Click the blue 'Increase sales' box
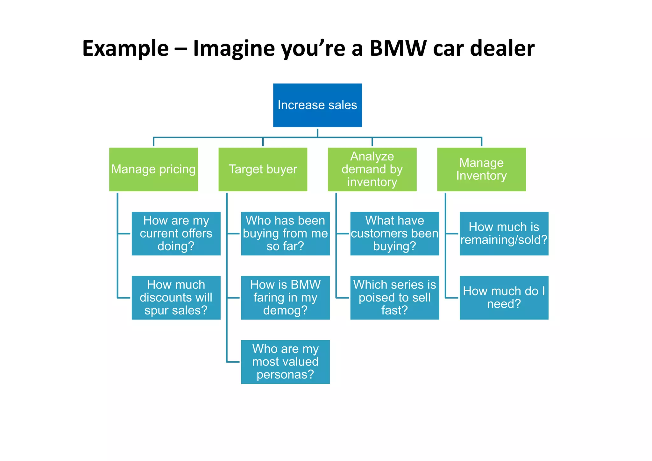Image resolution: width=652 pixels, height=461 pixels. [317, 105]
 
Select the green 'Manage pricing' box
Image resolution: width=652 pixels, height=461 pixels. [153, 169]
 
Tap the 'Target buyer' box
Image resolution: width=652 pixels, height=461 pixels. [263, 169]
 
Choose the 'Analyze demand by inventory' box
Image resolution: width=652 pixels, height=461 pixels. [372, 169]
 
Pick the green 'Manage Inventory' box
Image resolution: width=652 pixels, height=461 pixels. [481, 169]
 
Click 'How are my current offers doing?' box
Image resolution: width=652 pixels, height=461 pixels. [176, 233]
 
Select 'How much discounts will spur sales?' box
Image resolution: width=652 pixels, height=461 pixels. [176, 297]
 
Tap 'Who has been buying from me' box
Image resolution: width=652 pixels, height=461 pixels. [285, 233]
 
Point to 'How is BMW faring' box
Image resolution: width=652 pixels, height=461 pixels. [285, 297]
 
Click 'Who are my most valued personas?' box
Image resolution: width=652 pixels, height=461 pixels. [285, 362]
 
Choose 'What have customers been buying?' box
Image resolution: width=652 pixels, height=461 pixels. [394, 233]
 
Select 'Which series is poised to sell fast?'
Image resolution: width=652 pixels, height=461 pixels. [394, 297]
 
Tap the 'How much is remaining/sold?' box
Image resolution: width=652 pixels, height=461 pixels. [504, 233]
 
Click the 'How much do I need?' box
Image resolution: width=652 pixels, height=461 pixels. [504, 297]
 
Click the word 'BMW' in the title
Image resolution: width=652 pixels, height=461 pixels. [398, 48]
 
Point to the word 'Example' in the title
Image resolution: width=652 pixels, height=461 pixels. [125, 48]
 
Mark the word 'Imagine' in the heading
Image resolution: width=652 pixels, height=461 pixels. [234, 48]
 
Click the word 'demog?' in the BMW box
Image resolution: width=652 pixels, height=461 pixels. [285, 310]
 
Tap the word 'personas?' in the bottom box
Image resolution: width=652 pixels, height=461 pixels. [285, 374]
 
